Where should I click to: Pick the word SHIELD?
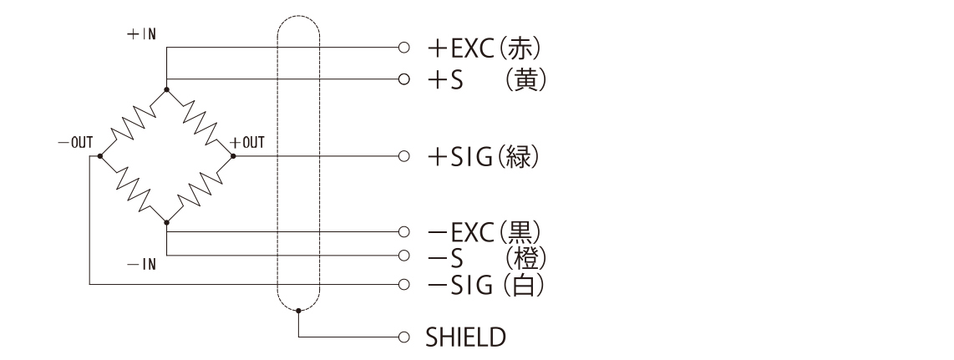[x=465, y=337]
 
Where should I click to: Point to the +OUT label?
[x=247, y=142]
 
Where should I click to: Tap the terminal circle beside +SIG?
[x=404, y=156]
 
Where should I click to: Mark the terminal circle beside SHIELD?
[x=404, y=337]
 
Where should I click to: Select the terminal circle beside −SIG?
[x=404, y=285]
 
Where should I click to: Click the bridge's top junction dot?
[x=167, y=89]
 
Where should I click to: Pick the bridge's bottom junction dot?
[x=167, y=223]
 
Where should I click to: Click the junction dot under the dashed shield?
[x=298, y=311]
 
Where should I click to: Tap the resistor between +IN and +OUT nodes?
[x=200, y=122]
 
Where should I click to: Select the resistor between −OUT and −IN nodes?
[x=134, y=190]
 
